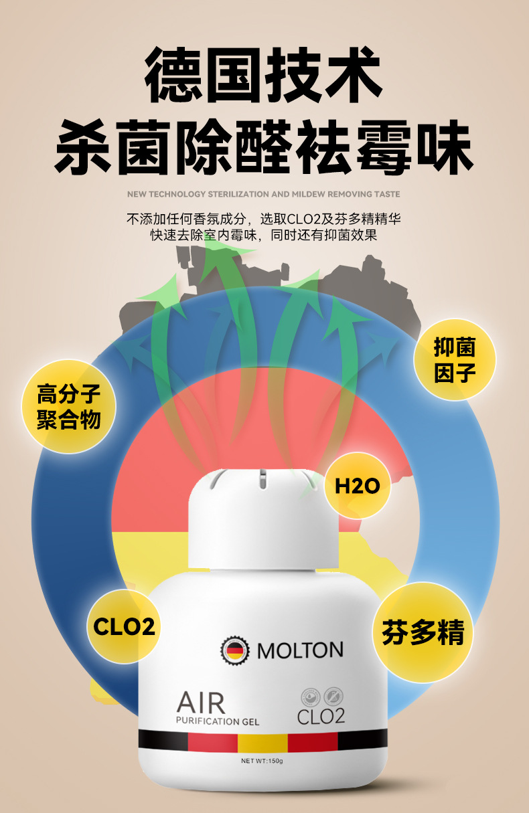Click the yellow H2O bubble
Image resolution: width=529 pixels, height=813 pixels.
point(358,486)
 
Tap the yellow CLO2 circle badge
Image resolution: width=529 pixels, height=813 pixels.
point(124,627)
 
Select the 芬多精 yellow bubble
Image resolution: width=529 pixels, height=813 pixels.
point(423,632)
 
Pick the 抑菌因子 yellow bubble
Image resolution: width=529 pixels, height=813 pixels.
point(455,360)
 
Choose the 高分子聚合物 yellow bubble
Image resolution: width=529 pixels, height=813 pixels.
point(69,407)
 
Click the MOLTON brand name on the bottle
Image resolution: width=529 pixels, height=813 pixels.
point(300,650)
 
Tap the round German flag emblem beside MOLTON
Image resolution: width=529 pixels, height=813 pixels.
point(236,650)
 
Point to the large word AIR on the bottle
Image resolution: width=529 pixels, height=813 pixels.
point(201,703)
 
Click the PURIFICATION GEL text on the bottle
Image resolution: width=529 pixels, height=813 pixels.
point(218,721)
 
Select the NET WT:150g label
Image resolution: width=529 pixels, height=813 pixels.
point(262,761)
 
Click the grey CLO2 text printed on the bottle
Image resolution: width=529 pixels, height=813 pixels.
point(321,716)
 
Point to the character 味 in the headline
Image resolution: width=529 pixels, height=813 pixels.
point(445,147)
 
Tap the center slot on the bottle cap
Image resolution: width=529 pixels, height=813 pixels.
point(262,478)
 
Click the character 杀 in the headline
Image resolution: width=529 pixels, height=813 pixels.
point(83,147)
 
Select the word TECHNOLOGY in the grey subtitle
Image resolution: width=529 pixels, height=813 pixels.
point(177,194)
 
